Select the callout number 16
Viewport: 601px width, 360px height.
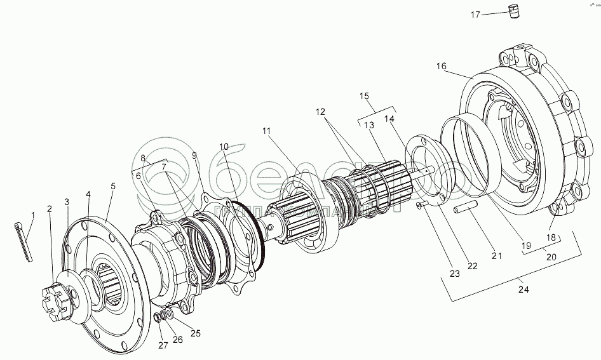pyautogui.click(x=442, y=66)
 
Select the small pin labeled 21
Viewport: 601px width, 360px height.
pyautogui.click(x=466, y=209)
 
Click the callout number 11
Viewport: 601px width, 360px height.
pyautogui.click(x=266, y=131)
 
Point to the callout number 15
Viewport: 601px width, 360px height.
pyautogui.click(x=364, y=96)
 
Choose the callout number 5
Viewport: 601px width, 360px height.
pyautogui.click(x=113, y=186)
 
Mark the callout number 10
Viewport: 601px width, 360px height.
pyautogui.click(x=224, y=147)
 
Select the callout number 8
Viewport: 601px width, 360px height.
pyautogui.click(x=143, y=158)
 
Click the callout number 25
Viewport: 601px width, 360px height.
pyautogui.click(x=195, y=332)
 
